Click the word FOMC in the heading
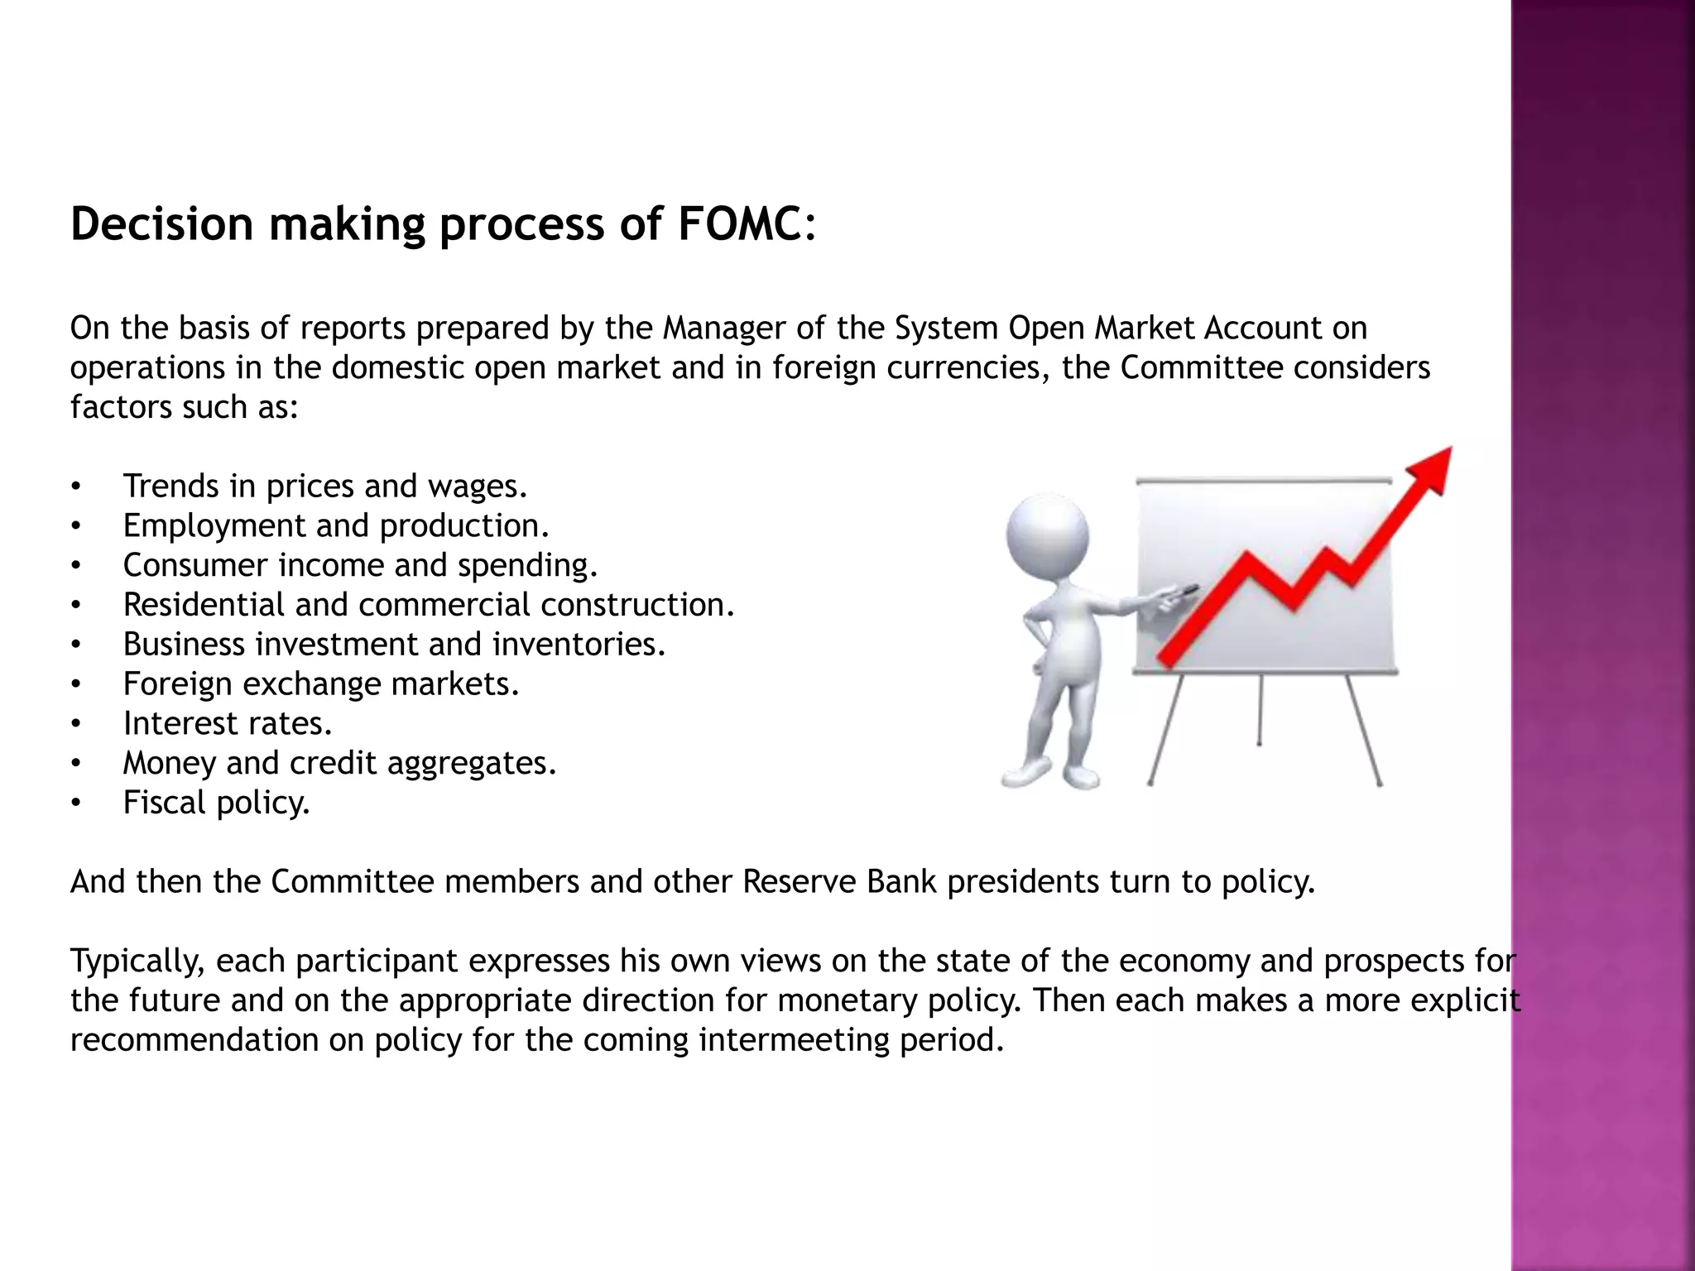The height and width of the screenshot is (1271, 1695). point(738,224)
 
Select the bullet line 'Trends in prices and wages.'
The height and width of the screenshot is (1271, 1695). point(324,486)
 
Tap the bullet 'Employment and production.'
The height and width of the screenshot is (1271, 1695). point(336,525)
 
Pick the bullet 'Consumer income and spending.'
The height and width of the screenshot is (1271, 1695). point(360,565)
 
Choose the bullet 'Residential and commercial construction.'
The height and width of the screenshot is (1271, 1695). point(429,605)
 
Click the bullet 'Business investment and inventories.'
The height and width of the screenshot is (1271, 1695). point(394,645)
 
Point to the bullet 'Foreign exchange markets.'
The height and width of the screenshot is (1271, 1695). point(321,684)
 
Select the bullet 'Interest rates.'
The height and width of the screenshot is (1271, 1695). point(228,724)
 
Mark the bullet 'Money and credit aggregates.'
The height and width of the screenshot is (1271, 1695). point(339,763)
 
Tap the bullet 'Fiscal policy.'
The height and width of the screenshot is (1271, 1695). point(216,803)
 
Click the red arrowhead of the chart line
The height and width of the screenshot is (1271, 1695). point(1429,470)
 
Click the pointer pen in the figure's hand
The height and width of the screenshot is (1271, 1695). point(1184,592)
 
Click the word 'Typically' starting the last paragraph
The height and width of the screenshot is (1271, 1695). point(137,962)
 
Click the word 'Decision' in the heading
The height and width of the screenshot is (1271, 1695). point(161,224)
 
